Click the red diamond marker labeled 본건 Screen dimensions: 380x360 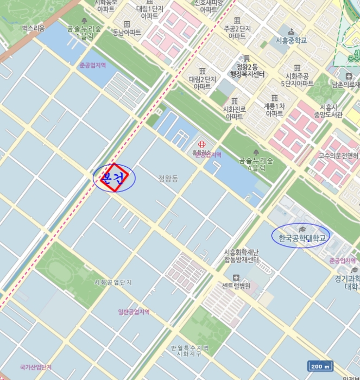point(114,178)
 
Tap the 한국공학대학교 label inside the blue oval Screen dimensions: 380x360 point(300,238)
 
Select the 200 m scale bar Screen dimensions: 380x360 point(320,366)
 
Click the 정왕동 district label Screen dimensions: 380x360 point(168,178)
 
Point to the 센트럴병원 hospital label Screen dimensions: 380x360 point(236,286)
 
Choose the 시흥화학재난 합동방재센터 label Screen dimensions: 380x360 point(242,256)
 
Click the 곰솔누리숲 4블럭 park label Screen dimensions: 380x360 point(256,163)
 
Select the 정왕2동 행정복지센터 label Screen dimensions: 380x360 point(247,70)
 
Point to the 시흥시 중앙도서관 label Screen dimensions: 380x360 point(331,111)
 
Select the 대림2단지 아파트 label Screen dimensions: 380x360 point(203,83)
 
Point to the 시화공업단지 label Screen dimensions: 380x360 point(113,282)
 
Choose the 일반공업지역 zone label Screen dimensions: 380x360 point(134,312)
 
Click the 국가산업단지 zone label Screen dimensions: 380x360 point(36,368)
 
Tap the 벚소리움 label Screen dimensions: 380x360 point(34,28)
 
